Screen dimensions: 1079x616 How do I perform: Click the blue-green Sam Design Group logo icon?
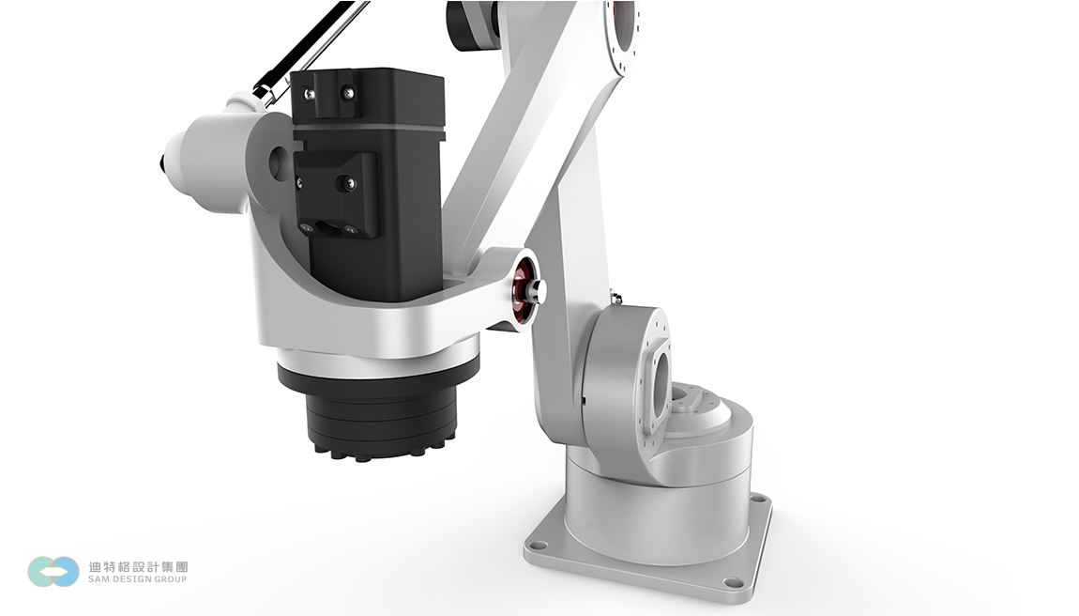click(53, 572)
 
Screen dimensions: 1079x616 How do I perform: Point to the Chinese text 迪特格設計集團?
click(138, 566)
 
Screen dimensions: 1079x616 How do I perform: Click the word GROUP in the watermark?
click(171, 578)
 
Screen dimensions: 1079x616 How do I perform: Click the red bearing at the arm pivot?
click(524, 289)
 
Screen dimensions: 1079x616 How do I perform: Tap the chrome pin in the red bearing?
click(536, 290)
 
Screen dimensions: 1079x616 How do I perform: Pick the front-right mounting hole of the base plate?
click(734, 583)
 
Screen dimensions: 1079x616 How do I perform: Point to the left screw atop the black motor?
click(311, 93)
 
